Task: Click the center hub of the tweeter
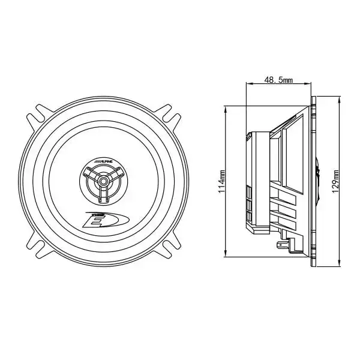pyautogui.click(x=106, y=180)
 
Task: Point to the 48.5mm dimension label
pyautogui.click(x=279, y=79)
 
